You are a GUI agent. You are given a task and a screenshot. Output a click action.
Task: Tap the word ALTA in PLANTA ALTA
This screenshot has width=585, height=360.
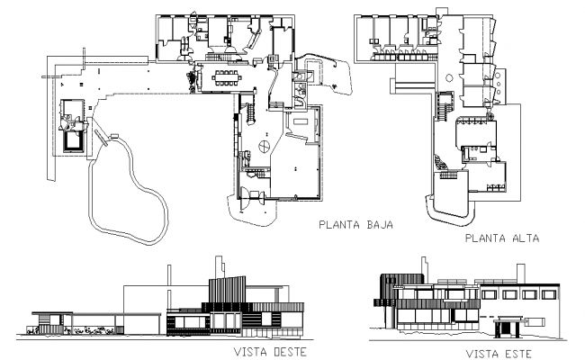click(523, 240)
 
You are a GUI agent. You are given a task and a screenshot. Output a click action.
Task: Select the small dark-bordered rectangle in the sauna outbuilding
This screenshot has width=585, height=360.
click(71, 141)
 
